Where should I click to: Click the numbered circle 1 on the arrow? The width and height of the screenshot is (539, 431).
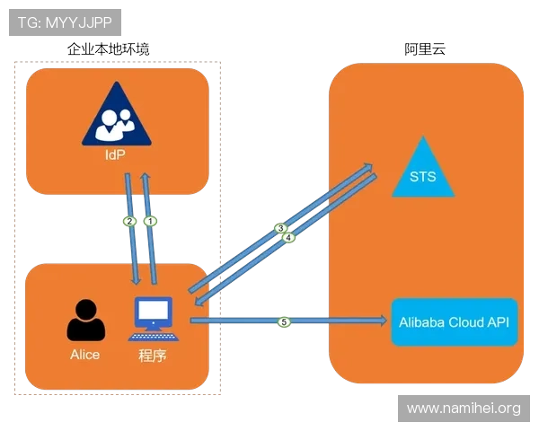tap(152, 220)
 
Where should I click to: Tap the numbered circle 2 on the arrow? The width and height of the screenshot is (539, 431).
tap(129, 221)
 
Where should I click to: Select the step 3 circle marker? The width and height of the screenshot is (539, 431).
tap(280, 228)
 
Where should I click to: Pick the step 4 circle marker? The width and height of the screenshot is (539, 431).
tap(289, 237)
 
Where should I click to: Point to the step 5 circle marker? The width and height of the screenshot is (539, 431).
tap(285, 321)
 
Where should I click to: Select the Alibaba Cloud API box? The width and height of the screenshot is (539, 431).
tap(455, 321)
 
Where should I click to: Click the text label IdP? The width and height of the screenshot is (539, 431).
tap(114, 154)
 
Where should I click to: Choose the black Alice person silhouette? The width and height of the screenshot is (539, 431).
tap(84, 321)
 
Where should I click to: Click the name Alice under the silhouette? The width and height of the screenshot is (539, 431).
tap(85, 354)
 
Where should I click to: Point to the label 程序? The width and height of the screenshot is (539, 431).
tap(153, 355)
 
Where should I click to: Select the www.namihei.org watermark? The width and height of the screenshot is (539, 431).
tap(463, 409)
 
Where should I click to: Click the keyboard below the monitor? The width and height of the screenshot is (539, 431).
tap(153, 336)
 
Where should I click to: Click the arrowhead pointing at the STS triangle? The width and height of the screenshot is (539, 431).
tap(368, 165)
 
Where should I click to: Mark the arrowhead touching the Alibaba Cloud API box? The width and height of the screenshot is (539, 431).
tap(384, 320)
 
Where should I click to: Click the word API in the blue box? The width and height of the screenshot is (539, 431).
tap(499, 321)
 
